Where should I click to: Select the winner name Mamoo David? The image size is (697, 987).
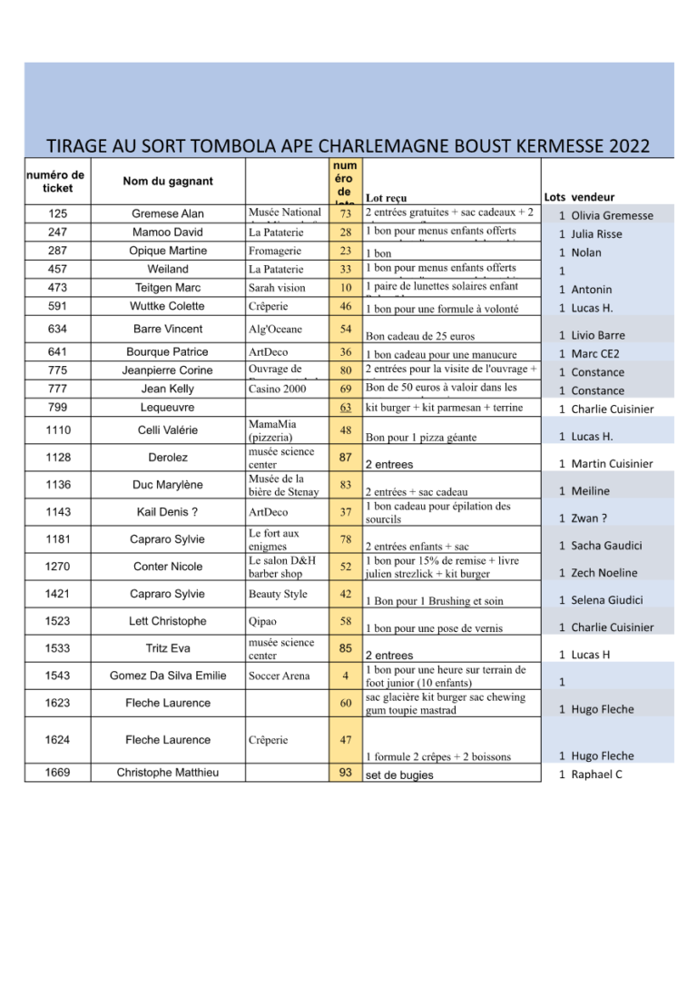point(168,232)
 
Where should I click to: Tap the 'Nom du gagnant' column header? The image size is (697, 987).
point(168,182)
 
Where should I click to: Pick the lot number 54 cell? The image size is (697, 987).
point(345,329)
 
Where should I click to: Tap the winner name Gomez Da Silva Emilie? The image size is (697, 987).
point(168,676)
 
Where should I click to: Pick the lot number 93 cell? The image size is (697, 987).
point(345,774)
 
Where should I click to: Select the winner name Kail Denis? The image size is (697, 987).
point(168,512)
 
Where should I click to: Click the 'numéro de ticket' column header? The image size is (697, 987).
point(57,182)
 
